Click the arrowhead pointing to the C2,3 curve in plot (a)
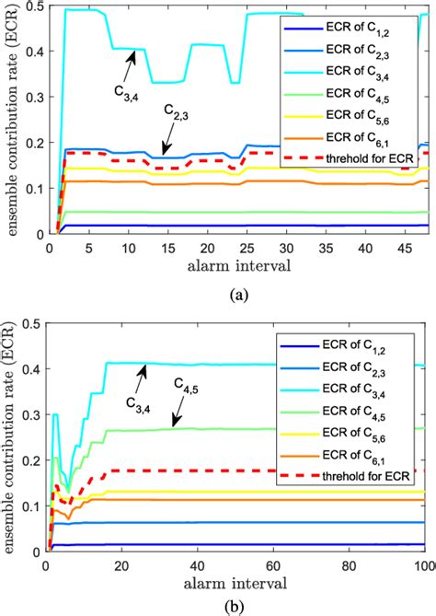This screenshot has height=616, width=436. pos(164,154)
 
